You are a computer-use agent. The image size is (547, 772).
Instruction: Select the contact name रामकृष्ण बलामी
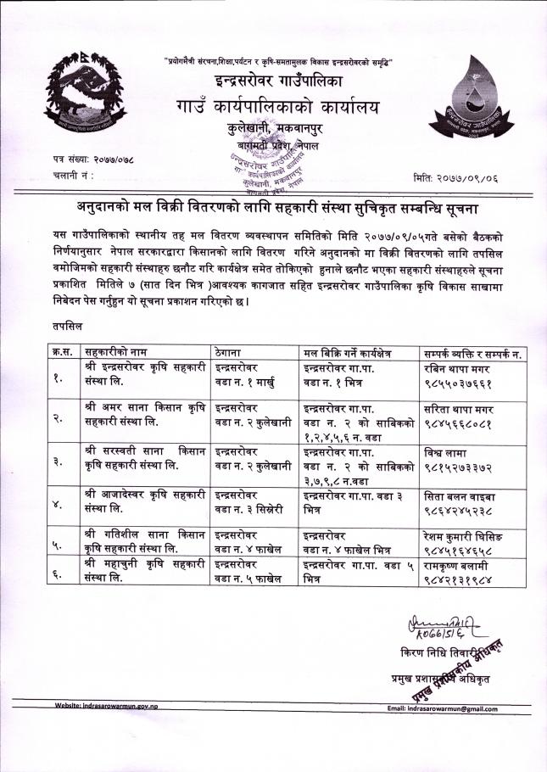coord(458,566)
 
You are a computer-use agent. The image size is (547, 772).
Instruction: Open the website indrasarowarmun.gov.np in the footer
coord(109,706)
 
